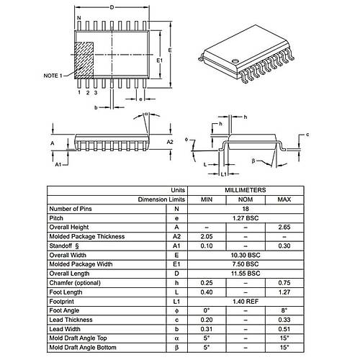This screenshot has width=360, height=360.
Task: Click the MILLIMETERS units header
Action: coord(246,190)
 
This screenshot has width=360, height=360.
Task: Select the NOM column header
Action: coord(246,199)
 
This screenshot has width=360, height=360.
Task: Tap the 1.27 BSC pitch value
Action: coord(246,217)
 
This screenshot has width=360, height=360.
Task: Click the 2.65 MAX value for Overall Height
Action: coord(284,227)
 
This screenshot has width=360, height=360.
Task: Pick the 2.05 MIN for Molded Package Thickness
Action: coord(207,236)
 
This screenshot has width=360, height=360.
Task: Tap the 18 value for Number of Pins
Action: coord(246,208)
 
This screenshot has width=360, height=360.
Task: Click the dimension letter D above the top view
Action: coord(111,7)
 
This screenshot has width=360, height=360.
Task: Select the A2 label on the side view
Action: coord(170,142)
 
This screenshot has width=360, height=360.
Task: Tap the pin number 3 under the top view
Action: coord(96,93)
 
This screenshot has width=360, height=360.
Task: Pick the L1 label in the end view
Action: coord(223,174)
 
